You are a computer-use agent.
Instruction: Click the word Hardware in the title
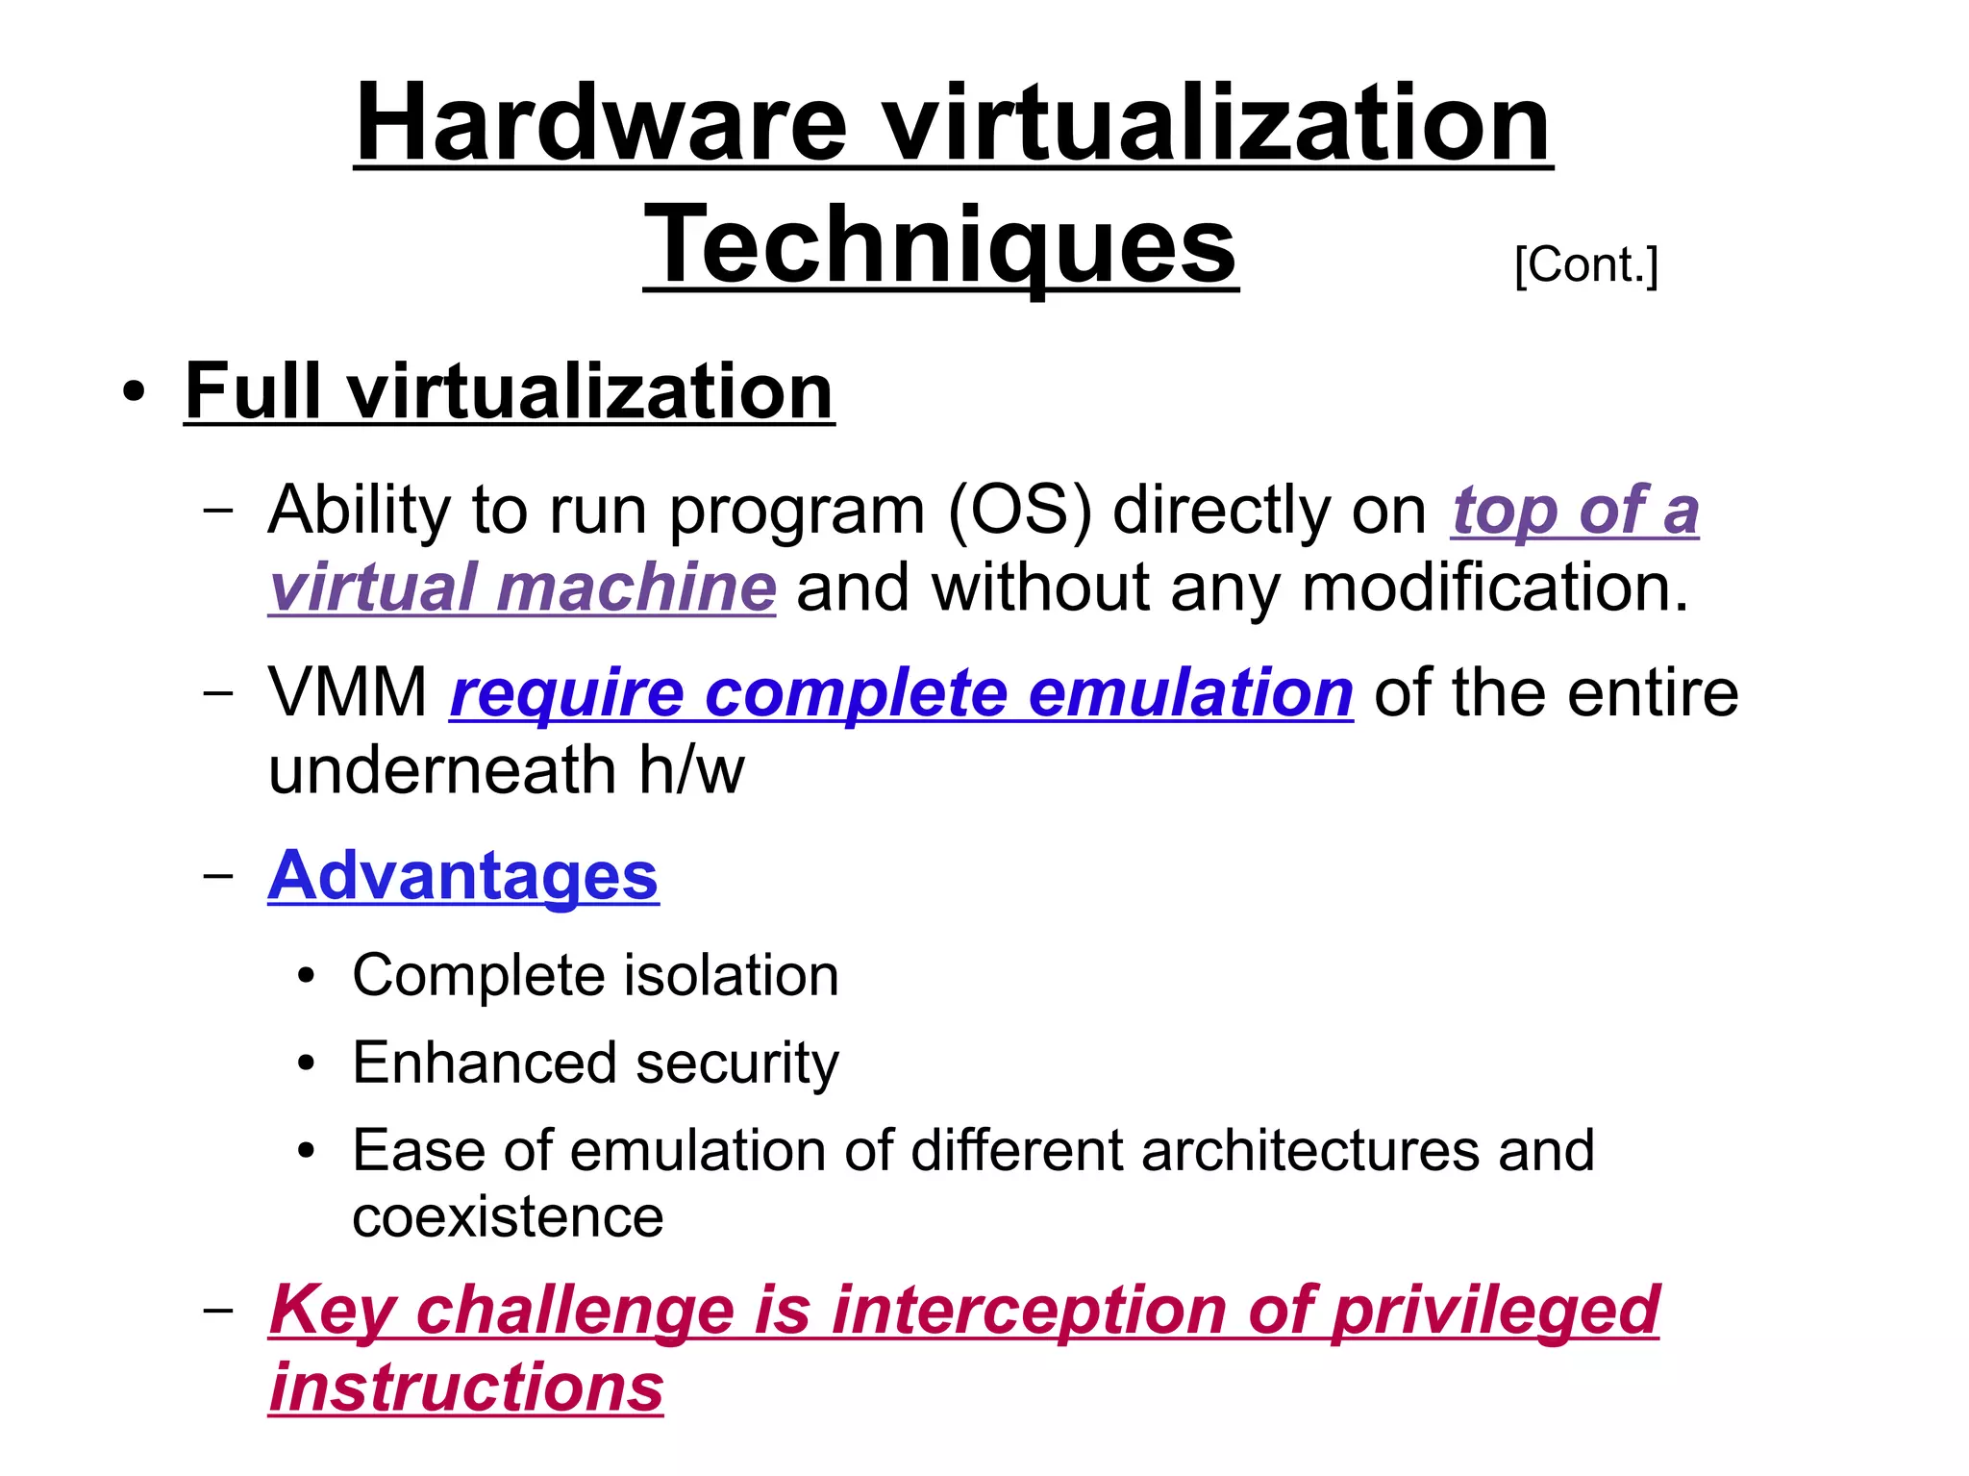pyautogui.click(x=601, y=123)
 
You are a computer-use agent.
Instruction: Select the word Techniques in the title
pyautogui.click(x=940, y=245)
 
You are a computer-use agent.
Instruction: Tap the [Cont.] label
pyautogui.click(x=1585, y=264)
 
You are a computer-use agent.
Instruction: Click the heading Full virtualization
pyautogui.click(x=509, y=391)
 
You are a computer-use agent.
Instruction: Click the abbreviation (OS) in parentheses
pyautogui.click(x=1020, y=510)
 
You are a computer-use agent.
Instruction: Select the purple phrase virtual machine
pyautogui.click(x=522, y=588)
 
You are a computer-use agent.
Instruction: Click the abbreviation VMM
pyautogui.click(x=347, y=692)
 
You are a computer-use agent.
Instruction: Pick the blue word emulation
pyautogui.click(x=1190, y=692)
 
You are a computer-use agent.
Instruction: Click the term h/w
pyautogui.click(x=691, y=770)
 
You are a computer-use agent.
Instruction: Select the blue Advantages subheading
pyautogui.click(x=462, y=876)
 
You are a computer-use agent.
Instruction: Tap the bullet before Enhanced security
pyautogui.click(x=307, y=1063)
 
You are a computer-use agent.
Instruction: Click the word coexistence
pyautogui.click(x=508, y=1217)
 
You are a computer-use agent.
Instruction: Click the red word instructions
pyautogui.click(x=466, y=1388)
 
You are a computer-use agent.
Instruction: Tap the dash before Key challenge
pyautogui.click(x=219, y=1310)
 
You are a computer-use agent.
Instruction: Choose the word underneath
pyautogui.click(x=441, y=770)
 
